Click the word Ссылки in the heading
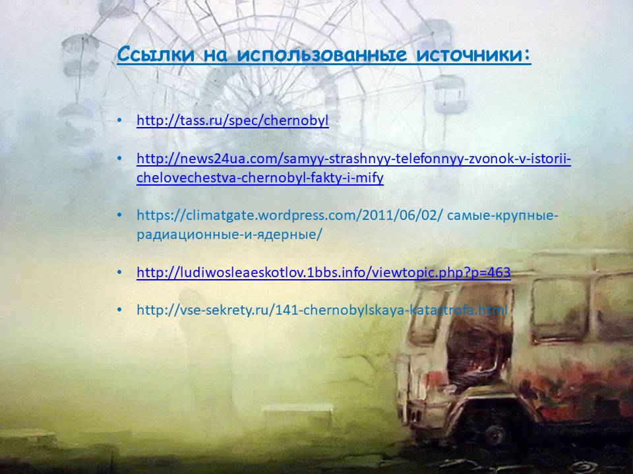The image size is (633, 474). (156, 54)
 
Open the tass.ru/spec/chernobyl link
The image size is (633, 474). (233, 120)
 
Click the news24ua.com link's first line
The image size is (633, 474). (353, 159)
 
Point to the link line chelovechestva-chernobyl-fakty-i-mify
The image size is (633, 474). (260, 178)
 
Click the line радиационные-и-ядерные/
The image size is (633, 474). (229, 234)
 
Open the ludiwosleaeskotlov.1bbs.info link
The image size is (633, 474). (323, 273)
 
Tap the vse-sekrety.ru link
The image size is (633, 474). (322, 310)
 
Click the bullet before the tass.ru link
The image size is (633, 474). (119, 120)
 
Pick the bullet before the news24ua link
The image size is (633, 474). (119, 159)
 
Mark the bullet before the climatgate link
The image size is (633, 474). (119, 216)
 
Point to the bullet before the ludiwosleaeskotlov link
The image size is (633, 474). (119, 273)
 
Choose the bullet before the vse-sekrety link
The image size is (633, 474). (119, 310)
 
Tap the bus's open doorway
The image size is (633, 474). (476, 347)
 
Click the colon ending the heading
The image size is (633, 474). (527, 57)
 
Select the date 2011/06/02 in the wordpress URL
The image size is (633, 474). (400, 216)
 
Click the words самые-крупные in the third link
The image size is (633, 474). (502, 216)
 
